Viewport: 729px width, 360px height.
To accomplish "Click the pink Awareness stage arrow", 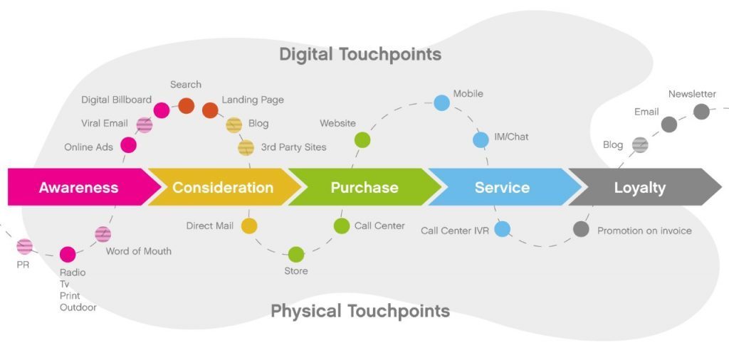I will pos(78,187).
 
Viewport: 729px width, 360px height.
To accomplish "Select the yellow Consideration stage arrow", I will pos(223,187).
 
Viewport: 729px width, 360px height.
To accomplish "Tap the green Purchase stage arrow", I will pos(364,187).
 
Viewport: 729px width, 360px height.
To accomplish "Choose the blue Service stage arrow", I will pos(502,187).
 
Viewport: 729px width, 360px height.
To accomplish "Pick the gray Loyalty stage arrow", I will pos(640,187).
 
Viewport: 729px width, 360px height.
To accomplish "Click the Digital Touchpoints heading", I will pos(360,54).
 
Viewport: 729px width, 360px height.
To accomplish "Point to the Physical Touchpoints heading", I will pos(360,311).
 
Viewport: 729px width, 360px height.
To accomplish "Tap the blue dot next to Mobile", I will pos(442,102).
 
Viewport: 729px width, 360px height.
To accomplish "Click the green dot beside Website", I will pos(362,140).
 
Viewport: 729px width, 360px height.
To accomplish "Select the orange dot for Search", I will pos(186,106).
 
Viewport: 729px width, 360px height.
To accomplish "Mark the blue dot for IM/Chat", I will pos(481,139).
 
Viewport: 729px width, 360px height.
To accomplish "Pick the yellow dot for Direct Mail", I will pos(248,226).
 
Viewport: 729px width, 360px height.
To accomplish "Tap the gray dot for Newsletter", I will pos(701,112).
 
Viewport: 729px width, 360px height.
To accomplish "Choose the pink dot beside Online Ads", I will pos(128,146).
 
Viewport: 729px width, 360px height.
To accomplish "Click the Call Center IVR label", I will pos(454,231).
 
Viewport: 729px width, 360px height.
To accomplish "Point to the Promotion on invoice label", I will pos(644,231).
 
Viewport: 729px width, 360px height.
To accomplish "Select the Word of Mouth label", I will pos(138,251).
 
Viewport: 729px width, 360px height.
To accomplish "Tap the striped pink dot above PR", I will pos(25,247).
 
